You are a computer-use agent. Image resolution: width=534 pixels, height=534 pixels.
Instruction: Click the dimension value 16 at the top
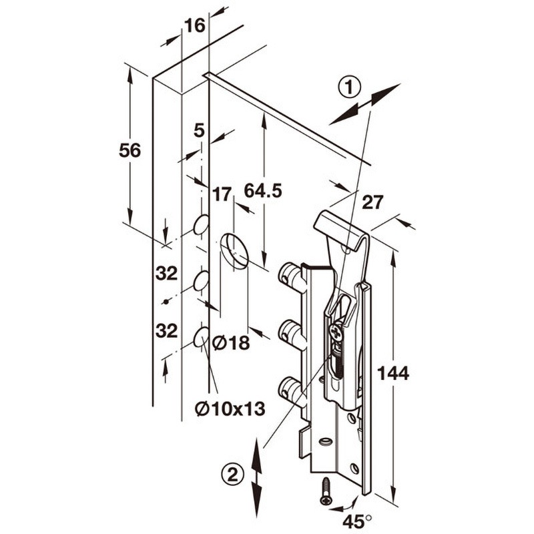195,25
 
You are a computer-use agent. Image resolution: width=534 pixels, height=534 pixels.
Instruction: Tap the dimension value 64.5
263,190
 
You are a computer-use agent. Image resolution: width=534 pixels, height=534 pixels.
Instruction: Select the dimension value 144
393,373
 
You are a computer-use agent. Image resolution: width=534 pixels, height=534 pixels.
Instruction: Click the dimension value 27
372,202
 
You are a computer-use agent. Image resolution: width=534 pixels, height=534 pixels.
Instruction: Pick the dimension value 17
222,194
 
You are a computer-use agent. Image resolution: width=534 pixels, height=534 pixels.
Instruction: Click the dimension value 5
199,130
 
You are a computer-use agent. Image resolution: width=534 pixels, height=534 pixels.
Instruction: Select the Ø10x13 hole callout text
230,409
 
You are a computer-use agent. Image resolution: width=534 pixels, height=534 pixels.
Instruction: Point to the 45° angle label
357,521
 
